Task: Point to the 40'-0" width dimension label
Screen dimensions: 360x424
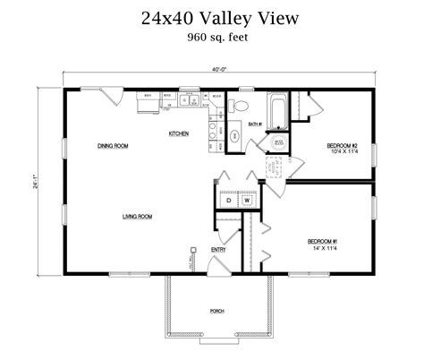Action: tap(218, 69)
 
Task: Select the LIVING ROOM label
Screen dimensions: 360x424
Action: tap(137, 216)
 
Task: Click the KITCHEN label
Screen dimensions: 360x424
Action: tap(179, 134)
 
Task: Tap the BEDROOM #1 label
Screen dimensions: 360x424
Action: tap(322, 242)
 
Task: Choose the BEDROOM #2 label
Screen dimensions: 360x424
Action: tap(342, 145)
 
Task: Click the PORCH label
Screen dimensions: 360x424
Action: tap(216, 311)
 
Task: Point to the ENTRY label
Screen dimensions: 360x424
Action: tap(218, 250)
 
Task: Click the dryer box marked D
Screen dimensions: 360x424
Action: tap(228, 201)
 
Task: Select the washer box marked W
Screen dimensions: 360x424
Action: tap(247, 201)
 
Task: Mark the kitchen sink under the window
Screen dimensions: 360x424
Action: tap(189, 99)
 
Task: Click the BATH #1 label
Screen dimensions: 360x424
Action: tap(254, 125)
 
